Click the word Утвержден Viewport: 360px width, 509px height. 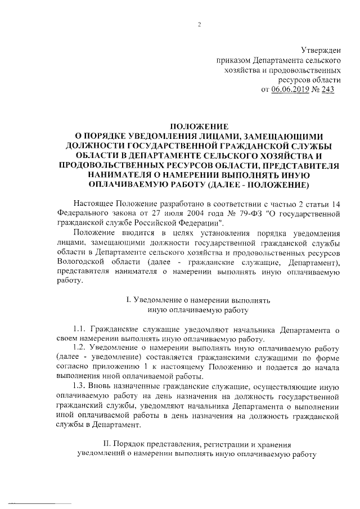click(x=321, y=51)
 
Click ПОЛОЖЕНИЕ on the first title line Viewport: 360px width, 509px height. click(x=199, y=127)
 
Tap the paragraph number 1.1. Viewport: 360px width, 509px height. click(x=81, y=328)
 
